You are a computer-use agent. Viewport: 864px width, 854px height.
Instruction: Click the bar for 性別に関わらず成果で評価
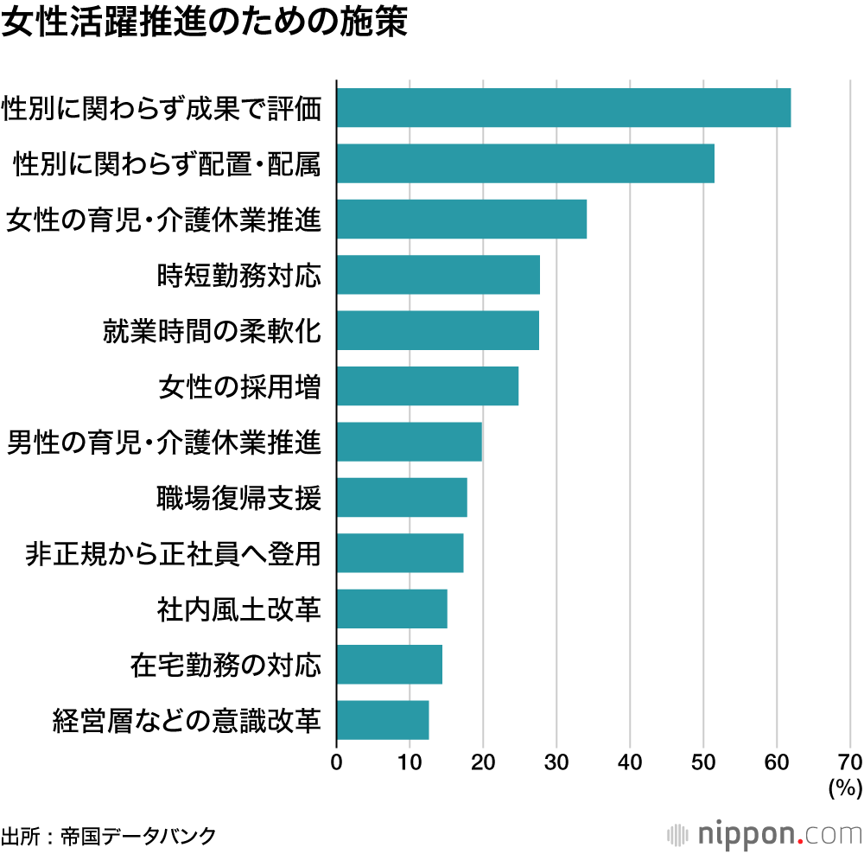(563, 108)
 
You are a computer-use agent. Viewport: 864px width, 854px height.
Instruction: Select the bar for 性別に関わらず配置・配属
(525, 163)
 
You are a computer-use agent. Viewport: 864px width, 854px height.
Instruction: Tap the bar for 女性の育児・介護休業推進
(461, 219)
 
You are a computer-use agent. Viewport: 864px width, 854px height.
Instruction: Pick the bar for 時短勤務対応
(438, 275)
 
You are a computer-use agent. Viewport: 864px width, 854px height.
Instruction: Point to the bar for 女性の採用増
(428, 386)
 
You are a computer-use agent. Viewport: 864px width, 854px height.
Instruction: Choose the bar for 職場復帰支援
(402, 497)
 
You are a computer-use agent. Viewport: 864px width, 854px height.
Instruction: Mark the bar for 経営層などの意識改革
(383, 720)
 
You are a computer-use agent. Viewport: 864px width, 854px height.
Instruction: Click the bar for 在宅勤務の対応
(390, 665)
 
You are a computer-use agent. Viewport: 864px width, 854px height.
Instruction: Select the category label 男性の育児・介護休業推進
(164, 443)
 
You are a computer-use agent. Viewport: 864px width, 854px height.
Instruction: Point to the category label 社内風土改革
(239, 609)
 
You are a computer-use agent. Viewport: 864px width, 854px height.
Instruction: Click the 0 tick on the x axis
(336, 762)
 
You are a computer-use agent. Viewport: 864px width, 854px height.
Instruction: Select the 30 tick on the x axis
(556, 762)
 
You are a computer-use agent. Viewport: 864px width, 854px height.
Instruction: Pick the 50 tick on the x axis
(703, 762)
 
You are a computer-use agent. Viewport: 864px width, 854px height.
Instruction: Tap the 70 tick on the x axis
(850, 762)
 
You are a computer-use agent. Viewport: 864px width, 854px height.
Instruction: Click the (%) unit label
(845, 787)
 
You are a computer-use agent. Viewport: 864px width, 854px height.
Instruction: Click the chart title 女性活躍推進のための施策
(203, 23)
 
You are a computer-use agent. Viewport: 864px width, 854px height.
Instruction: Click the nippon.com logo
(765, 834)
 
